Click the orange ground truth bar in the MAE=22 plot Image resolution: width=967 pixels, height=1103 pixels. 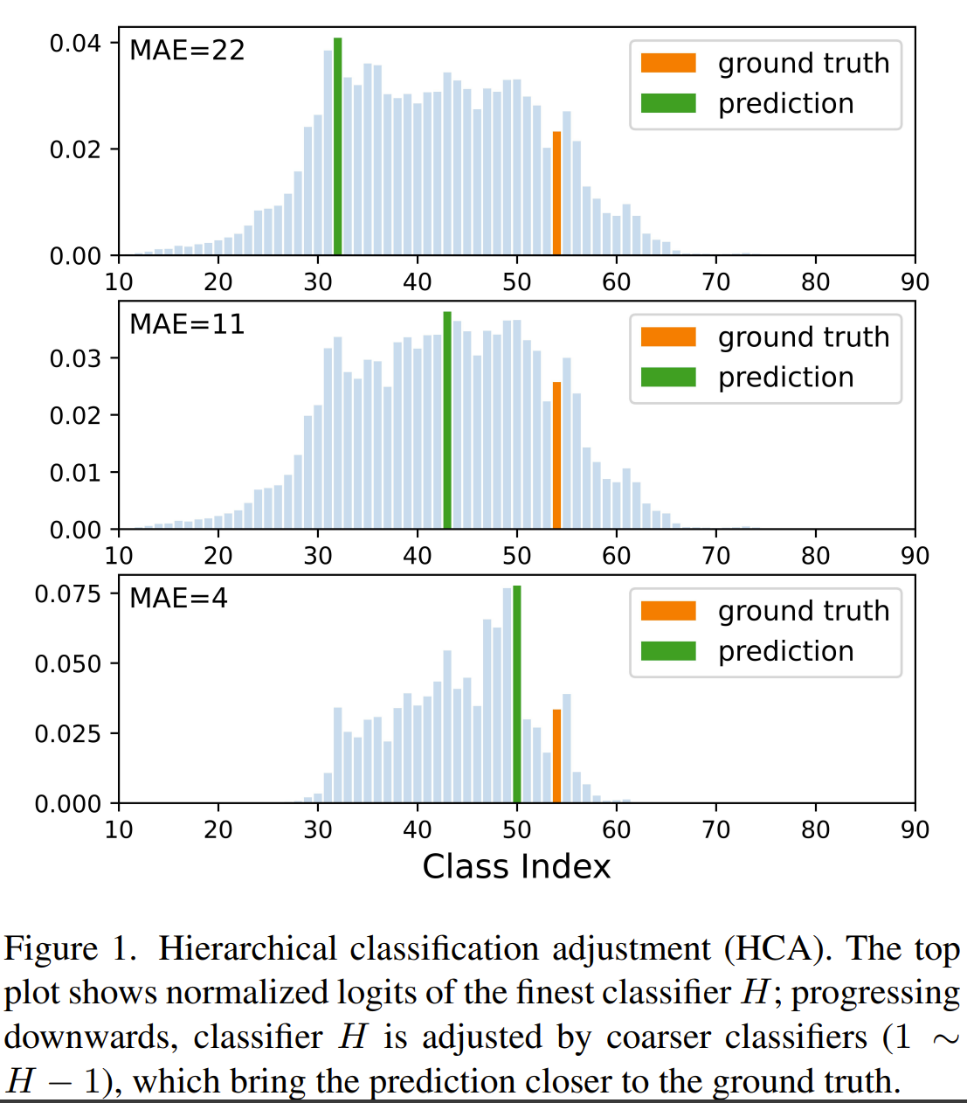coord(556,194)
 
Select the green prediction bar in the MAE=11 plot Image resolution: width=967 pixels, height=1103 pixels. coord(447,420)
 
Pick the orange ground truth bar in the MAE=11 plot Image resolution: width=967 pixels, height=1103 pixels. coord(556,455)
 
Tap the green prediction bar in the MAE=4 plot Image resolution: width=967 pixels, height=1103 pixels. coord(517,694)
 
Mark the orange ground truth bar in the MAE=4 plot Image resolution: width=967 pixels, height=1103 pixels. coord(556,756)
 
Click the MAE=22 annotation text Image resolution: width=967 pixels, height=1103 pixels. coord(187,51)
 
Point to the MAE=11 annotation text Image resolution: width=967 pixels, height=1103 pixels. coord(187,324)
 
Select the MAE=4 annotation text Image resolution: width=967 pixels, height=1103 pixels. coord(178,598)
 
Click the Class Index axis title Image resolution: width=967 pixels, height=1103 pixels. coord(516,866)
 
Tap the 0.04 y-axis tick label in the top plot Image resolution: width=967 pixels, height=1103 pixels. coord(75,43)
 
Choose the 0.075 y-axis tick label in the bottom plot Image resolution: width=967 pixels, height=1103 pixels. coord(68,594)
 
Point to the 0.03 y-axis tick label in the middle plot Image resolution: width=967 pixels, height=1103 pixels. coord(75,358)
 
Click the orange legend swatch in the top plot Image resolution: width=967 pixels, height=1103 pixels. coord(668,63)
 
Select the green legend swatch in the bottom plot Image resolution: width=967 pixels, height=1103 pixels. coord(668,651)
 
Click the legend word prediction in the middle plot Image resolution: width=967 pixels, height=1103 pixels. coord(785,378)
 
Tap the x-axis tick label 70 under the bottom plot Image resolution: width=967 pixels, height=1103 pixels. coord(716,829)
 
